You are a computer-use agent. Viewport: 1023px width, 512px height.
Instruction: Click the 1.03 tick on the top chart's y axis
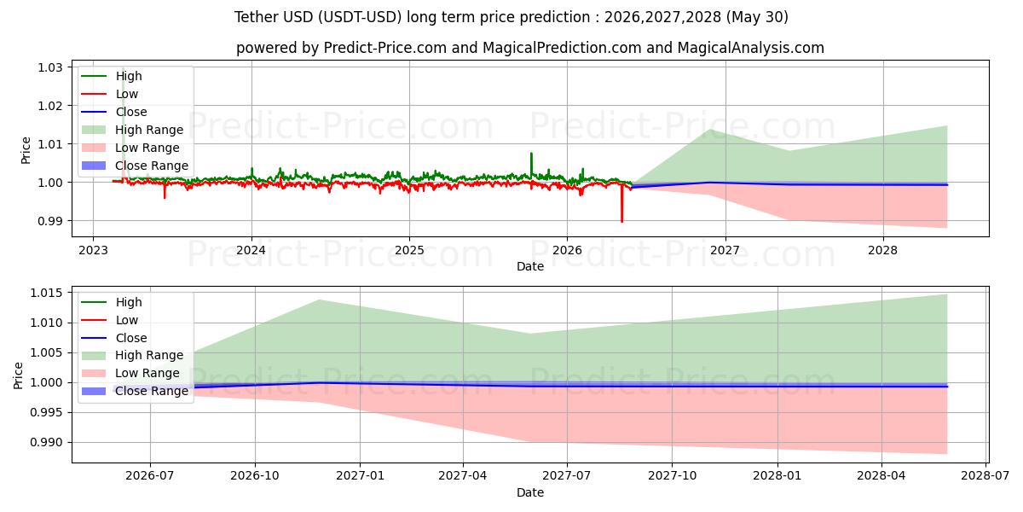[49, 67]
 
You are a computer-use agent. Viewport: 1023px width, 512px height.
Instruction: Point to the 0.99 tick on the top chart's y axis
[49, 221]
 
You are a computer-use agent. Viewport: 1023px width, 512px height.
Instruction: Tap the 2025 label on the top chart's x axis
[409, 251]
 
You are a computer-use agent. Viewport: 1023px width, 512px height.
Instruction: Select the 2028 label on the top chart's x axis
[883, 251]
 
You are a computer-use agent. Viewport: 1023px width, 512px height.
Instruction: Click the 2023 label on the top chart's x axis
[93, 251]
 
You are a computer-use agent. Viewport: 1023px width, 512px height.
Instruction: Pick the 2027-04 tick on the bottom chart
[463, 476]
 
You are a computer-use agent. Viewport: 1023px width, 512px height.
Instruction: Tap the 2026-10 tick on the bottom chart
[255, 476]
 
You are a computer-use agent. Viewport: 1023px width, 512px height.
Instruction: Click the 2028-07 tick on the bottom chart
[985, 476]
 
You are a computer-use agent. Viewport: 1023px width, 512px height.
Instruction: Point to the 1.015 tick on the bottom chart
[46, 293]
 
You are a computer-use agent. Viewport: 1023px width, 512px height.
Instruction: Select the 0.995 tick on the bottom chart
[46, 413]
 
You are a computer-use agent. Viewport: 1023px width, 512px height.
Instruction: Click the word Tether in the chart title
[257, 17]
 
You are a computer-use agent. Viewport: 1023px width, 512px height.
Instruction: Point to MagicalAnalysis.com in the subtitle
[751, 48]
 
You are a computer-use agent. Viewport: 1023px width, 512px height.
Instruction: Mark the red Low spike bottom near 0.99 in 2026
[621, 222]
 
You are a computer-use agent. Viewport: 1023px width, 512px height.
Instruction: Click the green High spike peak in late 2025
[531, 153]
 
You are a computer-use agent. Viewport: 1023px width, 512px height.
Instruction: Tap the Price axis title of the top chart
[26, 150]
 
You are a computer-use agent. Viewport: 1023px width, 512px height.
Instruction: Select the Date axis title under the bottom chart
[530, 493]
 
